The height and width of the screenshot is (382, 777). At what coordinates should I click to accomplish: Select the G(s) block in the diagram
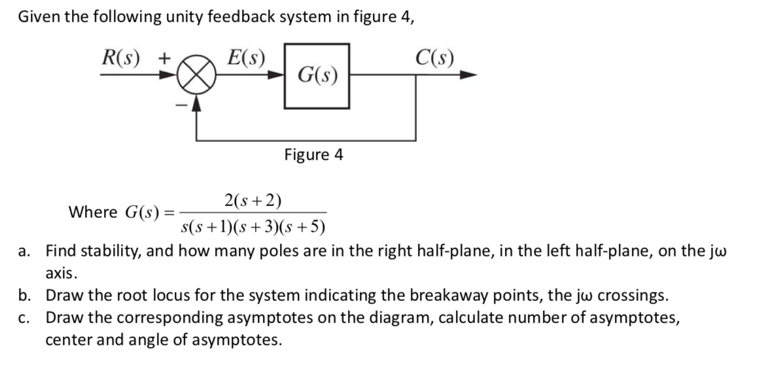point(317,76)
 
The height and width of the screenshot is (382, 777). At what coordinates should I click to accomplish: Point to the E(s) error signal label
point(246,58)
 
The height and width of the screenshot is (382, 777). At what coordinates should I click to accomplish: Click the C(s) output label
point(435,58)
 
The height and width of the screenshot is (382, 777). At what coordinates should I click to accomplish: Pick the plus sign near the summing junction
point(164,58)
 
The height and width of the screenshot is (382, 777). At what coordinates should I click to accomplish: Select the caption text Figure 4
point(313,155)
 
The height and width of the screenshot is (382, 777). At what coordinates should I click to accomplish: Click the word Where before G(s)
point(93,213)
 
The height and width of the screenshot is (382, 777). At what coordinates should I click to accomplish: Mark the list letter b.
point(25,296)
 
